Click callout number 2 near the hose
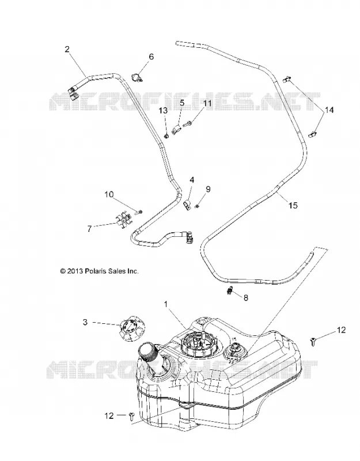point(67,49)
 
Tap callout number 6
point(151,56)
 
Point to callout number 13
point(163,111)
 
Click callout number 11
point(207,103)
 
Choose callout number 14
point(329,110)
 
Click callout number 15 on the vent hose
point(293,205)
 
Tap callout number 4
point(192,180)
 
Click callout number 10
point(109,194)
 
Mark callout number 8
point(246,297)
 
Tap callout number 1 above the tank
point(166,304)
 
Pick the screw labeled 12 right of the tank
point(313,342)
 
